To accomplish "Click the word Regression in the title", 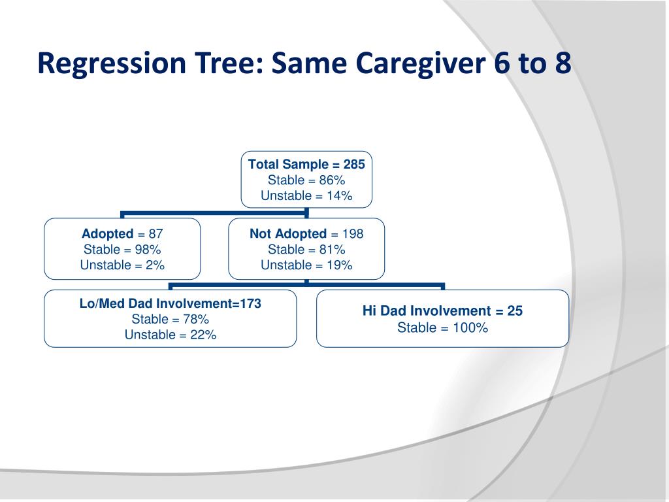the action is [112, 63].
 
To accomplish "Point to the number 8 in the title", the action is [563, 63].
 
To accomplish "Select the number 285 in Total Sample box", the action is [354, 164].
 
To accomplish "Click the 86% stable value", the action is [332, 180].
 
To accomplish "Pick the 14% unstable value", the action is [340, 195].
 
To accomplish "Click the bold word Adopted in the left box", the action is [108, 234].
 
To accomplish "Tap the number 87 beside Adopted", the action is [155, 234].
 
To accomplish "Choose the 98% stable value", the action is [148, 249].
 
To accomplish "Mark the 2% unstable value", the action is [155, 265].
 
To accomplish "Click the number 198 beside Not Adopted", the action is [353, 234].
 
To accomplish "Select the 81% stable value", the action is [332, 249].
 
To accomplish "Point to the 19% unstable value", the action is [340, 265].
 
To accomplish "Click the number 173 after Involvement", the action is [250, 303].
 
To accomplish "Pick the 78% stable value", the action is [196, 319].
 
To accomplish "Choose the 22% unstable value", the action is [203, 335].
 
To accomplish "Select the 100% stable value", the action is [470, 328].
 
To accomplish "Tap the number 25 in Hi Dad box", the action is [515, 310].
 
